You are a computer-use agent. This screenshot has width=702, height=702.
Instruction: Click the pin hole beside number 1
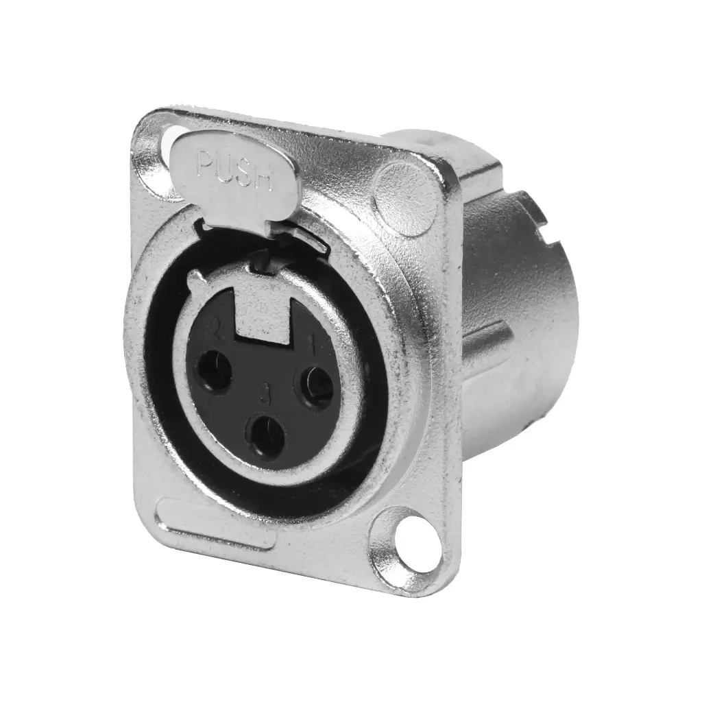(317, 387)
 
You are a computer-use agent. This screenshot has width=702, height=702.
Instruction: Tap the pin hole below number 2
(215, 372)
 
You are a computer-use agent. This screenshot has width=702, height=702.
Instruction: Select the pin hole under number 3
(267, 436)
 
